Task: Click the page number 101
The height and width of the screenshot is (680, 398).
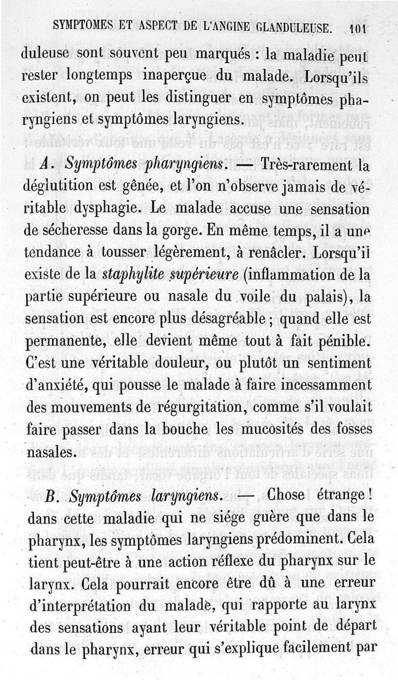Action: pos(358,28)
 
